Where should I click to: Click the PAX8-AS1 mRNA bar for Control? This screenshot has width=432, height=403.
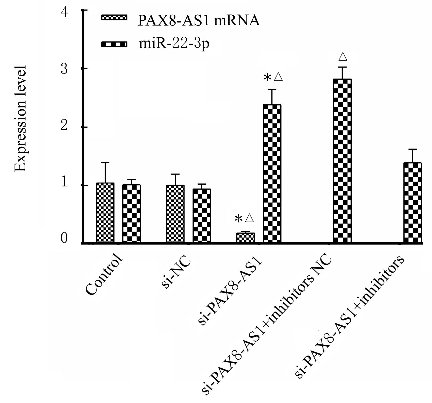(105, 213)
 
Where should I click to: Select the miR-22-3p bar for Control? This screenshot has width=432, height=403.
(131, 214)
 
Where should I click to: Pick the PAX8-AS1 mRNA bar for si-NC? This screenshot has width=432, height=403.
(175, 214)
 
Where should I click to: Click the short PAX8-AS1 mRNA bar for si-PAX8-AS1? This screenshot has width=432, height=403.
(246, 237)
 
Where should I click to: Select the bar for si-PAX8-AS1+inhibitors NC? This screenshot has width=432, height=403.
(342, 161)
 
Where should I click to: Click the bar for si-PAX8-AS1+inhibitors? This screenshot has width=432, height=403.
(413, 203)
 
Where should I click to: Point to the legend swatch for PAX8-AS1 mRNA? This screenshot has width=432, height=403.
(114, 18)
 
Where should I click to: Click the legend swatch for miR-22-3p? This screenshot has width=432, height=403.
(114, 44)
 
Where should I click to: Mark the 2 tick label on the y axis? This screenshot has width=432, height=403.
(64, 127)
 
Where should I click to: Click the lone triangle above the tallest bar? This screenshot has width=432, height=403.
(343, 57)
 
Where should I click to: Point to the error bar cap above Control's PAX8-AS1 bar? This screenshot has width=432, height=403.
(105, 162)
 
